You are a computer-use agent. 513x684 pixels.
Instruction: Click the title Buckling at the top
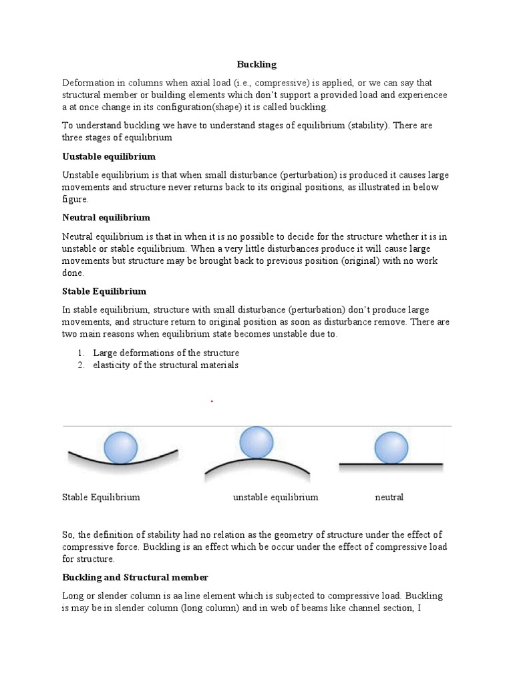tap(256, 65)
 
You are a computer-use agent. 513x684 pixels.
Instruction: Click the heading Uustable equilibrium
tap(109, 156)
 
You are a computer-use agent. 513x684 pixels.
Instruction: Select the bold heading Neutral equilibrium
tap(106, 218)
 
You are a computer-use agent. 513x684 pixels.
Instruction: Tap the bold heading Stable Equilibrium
tap(104, 292)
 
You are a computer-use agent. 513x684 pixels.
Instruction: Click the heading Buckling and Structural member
tap(136, 577)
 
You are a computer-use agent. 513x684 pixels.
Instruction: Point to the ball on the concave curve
tap(121, 447)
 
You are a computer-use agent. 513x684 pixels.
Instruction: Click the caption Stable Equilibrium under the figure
tap(101, 498)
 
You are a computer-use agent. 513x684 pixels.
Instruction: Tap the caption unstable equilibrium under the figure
tap(275, 498)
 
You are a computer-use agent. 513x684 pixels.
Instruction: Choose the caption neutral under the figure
tap(389, 498)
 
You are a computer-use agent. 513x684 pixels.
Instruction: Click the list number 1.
tap(79, 353)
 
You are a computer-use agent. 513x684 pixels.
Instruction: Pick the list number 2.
tap(79, 365)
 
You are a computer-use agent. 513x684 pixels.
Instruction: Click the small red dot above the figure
tap(212, 401)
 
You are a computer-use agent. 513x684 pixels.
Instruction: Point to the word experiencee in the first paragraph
tap(420, 95)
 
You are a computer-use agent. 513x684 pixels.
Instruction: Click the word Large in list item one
tap(105, 353)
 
